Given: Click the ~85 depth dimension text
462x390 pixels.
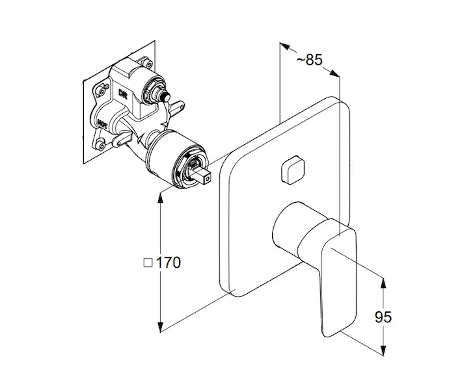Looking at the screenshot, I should point(309,60).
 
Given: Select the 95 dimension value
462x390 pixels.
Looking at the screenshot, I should point(384,317).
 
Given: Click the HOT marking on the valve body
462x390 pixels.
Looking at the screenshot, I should point(103,121).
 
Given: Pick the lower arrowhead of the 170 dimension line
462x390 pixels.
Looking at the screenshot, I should point(160,330).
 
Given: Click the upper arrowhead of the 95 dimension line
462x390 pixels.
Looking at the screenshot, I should point(384,280).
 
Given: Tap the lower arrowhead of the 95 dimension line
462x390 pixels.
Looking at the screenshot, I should point(384,352).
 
